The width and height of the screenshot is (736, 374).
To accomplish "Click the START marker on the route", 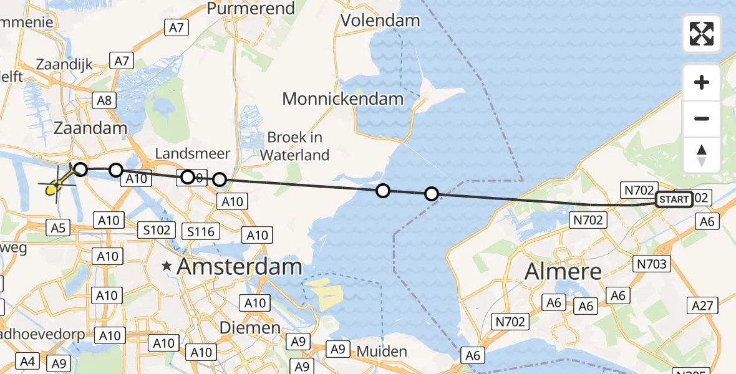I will click(674, 199).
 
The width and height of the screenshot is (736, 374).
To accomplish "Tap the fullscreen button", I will click(702, 34).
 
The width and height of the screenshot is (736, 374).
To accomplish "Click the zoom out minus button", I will click(702, 118).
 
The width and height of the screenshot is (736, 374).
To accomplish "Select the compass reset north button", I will click(702, 155).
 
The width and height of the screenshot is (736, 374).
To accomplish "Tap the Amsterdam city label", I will click(240, 267).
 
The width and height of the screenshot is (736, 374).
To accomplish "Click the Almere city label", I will click(563, 271).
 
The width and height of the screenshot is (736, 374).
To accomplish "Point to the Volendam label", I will click(380, 21).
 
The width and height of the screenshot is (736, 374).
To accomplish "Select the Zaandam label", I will click(90, 128).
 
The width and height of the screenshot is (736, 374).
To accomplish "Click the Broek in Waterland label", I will click(298, 146).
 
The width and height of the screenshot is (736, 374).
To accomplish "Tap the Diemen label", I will click(249, 327).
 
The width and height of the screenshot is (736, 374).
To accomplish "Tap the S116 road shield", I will click(201, 232).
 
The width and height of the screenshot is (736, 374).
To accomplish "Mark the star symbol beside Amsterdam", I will click(167, 266).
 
